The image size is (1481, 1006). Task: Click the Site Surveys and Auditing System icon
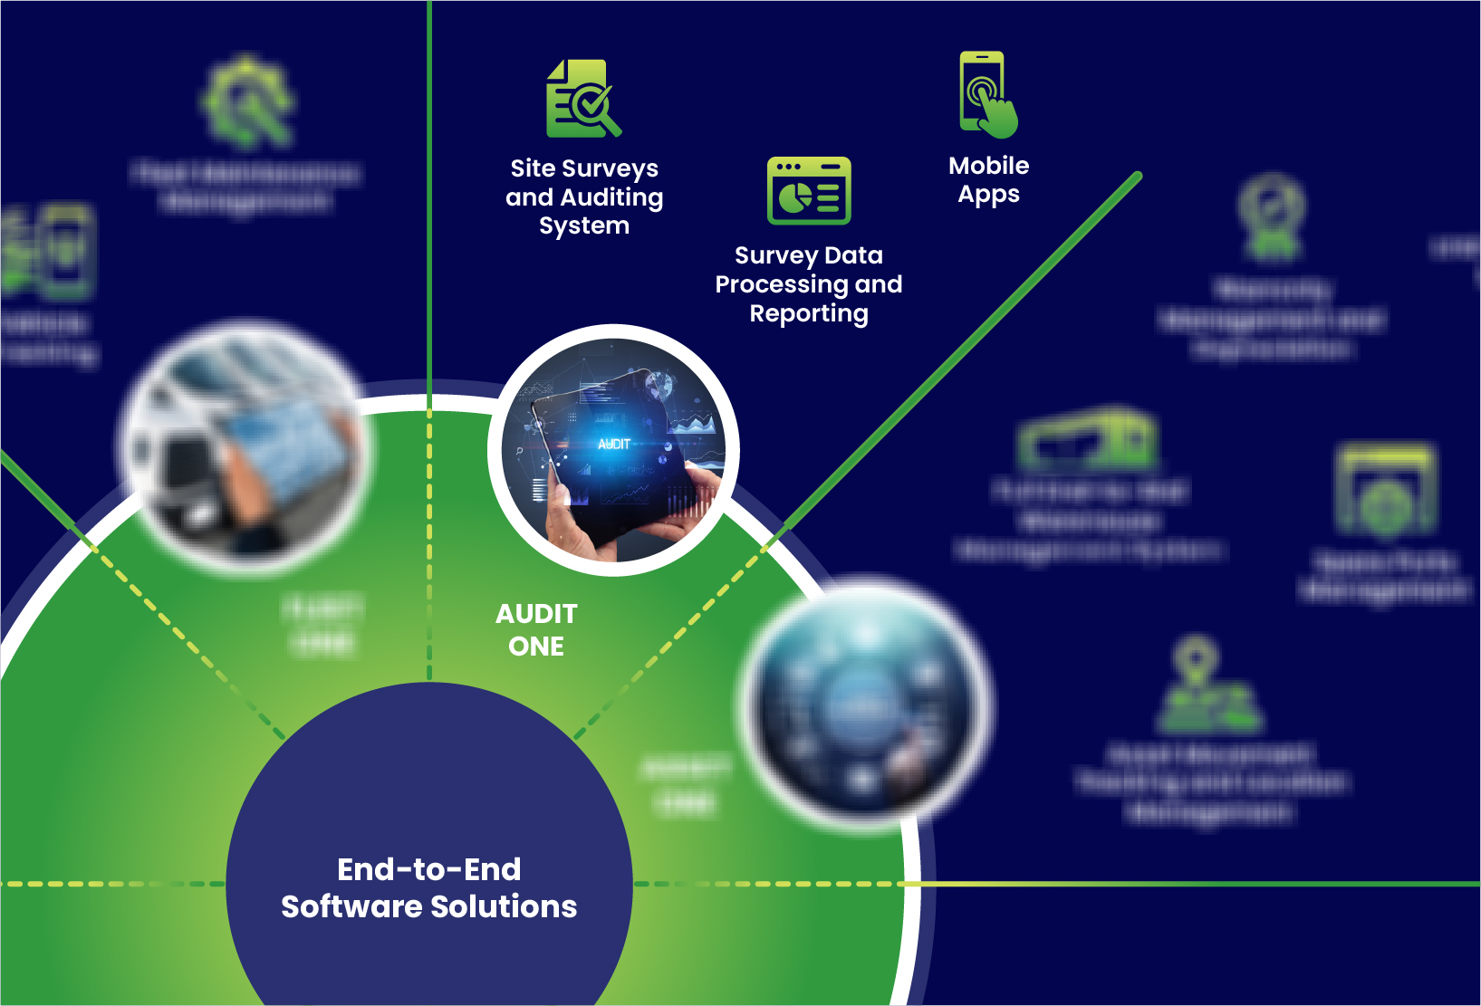(x=583, y=99)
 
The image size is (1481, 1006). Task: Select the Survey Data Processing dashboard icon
(x=809, y=190)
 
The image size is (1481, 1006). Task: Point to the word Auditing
(x=611, y=197)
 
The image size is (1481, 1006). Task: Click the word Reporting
(x=809, y=313)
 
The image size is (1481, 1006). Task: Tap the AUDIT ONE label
(x=536, y=630)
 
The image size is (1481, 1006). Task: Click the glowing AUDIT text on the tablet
(x=614, y=444)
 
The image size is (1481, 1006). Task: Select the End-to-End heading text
(x=428, y=869)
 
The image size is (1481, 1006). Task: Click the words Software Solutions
(x=428, y=906)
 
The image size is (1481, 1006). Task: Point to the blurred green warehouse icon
(x=1088, y=439)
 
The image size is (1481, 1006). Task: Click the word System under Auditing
(x=584, y=226)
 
